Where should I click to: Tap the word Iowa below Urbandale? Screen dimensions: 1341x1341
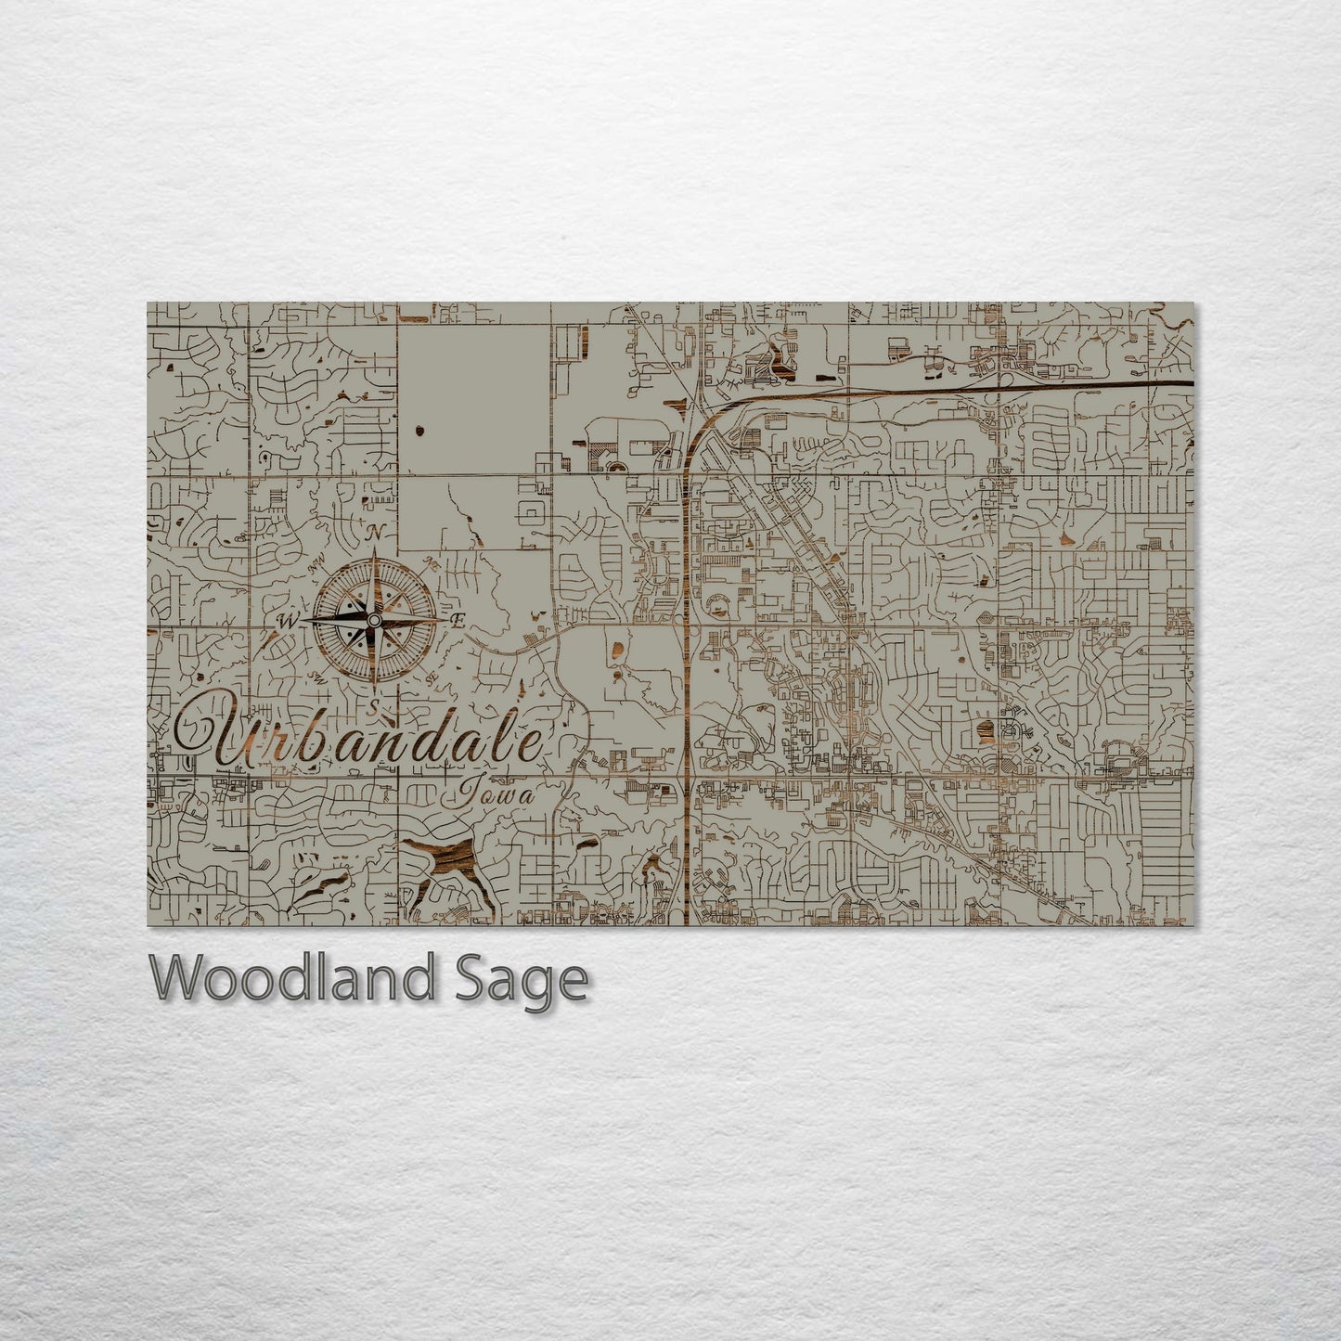[x=496, y=795]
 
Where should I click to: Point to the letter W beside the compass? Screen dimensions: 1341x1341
[x=287, y=621]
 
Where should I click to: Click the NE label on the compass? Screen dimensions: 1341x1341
[x=430, y=562]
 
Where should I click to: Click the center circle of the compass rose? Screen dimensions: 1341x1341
[x=373, y=619]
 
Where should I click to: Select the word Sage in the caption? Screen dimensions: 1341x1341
[x=520, y=980]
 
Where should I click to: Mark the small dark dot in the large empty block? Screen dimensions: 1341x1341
[x=419, y=430]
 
